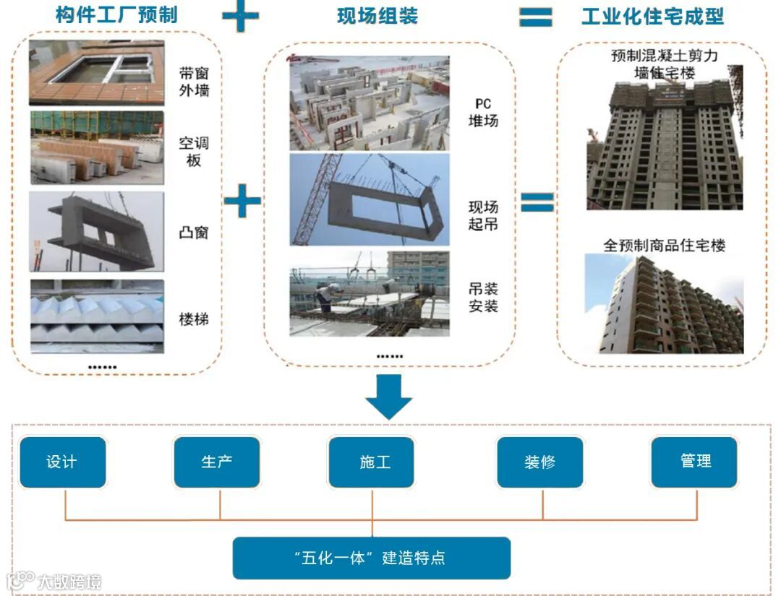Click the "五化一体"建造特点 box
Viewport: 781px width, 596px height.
(x=372, y=558)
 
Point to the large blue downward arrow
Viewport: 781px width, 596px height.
(x=388, y=397)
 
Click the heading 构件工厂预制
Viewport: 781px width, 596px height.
(x=116, y=15)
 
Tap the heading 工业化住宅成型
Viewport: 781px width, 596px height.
(x=652, y=16)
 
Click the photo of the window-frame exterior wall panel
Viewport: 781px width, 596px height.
(x=96, y=73)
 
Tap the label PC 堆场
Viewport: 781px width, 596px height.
(x=483, y=113)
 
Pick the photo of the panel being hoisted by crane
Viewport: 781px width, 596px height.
(x=370, y=199)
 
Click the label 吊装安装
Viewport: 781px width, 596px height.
(x=483, y=297)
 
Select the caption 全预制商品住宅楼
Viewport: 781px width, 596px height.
(x=664, y=246)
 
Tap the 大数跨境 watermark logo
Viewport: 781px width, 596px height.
(x=54, y=581)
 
